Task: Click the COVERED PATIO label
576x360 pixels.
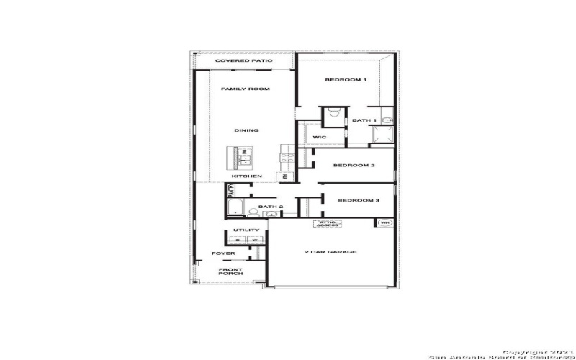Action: pyautogui.click(x=243, y=61)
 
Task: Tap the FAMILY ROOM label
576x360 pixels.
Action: pyautogui.click(x=245, y=89)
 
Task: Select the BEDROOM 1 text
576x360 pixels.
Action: pyautogui.click(x=346, y=79)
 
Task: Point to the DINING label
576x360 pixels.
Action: pyautogui.click(x=246, y=130)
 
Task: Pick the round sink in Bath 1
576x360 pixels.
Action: pyautogui.click(x=387, y=120)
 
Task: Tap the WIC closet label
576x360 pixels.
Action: pyautogui.click(x=320, y=137)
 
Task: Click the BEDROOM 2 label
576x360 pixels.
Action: pyautogui.click(x=354, y=166)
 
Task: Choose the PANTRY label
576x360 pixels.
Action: pyautogui.click(x=231, y=190)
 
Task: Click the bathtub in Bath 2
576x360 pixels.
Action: pyautogui.click(x=235, y=208)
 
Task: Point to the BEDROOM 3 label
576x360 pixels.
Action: pyautogui.click(x=358, y=200)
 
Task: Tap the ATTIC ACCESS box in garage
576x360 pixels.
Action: pyautogui.click(x=326, y=224)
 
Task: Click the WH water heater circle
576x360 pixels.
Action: pyautogui.click(x=384, y=223)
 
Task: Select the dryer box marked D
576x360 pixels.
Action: pyautogui.click(x=238, y=240)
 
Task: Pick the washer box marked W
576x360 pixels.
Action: pyautogui.click(x=254, y=240)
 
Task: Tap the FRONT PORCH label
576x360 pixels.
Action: pyautogui.click(x=230, y=271)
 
